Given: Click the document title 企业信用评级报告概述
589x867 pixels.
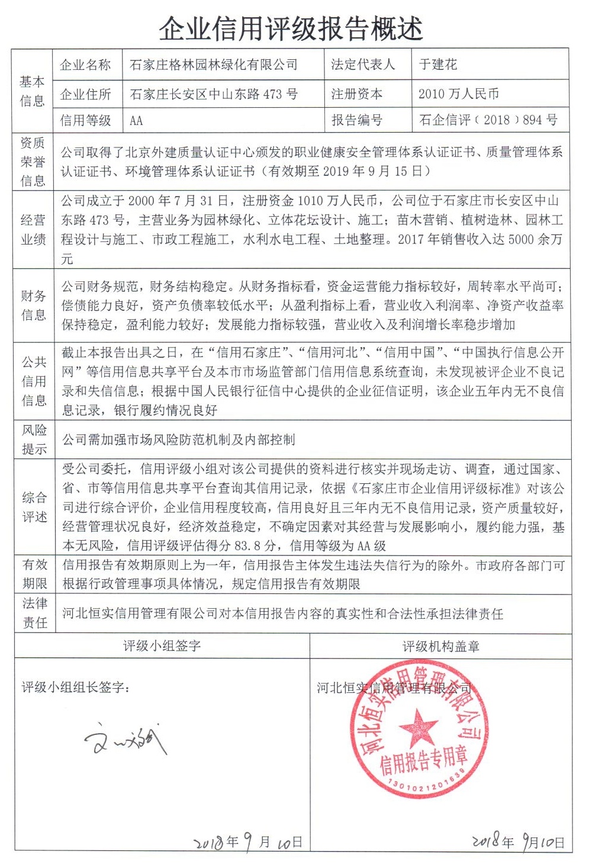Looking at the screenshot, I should (x=291, y=28).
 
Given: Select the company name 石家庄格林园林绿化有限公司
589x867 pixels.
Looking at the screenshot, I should (x=213, y=65).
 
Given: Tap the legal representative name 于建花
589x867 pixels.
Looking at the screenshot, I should (x=438, y=65).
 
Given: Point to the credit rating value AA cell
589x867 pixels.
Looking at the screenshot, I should (x=137, y=121).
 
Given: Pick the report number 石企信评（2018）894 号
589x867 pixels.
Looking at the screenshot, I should (x=488, y=120).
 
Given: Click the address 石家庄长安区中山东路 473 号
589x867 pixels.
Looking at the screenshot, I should (x=213, y=94).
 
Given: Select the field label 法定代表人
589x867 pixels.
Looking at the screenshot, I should (x=362, y=65).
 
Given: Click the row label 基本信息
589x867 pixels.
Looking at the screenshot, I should (x=32, y=91).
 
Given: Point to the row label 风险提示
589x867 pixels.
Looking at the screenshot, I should (x=34, y=439).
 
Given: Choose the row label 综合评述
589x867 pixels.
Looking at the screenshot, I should (x=34, y=507).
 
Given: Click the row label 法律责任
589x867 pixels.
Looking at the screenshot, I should (x=34, y=613).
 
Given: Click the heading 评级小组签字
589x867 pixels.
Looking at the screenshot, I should (x=162, y=646).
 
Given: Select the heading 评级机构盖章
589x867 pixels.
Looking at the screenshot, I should (x=440, y=646).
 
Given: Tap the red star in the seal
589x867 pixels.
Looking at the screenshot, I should (x=419, y=726).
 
